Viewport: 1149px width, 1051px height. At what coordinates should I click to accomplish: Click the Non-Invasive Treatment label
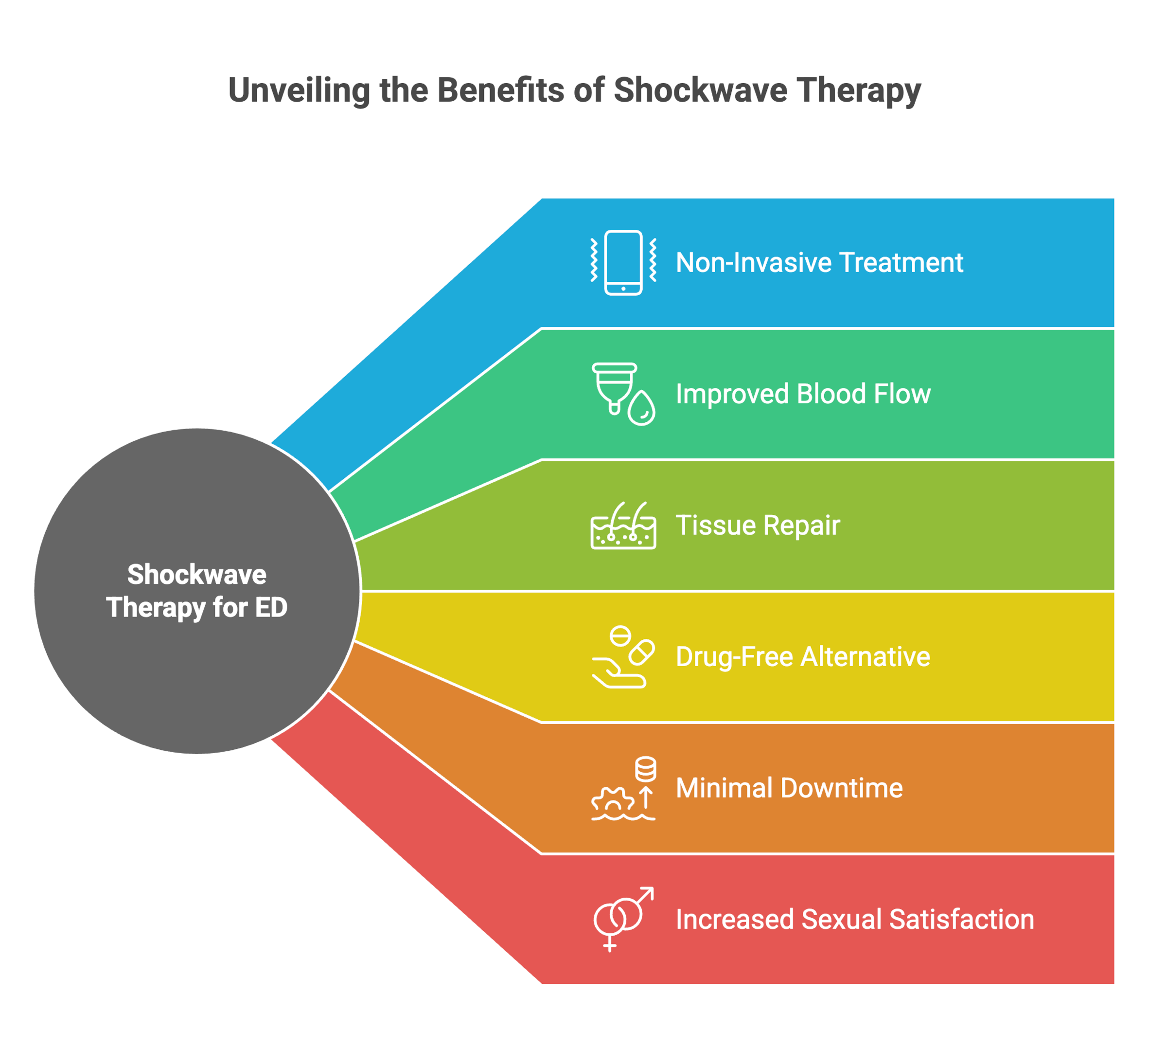819,263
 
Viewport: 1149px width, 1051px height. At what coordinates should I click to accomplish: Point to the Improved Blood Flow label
802,394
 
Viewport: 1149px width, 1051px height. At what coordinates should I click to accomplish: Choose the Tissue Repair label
758,525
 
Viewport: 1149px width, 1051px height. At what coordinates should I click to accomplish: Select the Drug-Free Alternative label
802,656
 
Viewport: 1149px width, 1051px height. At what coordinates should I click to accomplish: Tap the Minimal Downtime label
789,788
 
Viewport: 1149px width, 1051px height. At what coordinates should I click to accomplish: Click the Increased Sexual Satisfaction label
854,919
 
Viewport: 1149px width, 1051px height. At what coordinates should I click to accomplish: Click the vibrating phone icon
623,263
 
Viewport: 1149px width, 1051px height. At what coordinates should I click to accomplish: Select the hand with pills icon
623,656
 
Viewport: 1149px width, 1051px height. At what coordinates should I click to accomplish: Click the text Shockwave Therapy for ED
196,591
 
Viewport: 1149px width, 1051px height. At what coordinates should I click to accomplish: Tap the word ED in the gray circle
271,607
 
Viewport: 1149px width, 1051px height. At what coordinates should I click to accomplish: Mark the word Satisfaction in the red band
961,919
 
